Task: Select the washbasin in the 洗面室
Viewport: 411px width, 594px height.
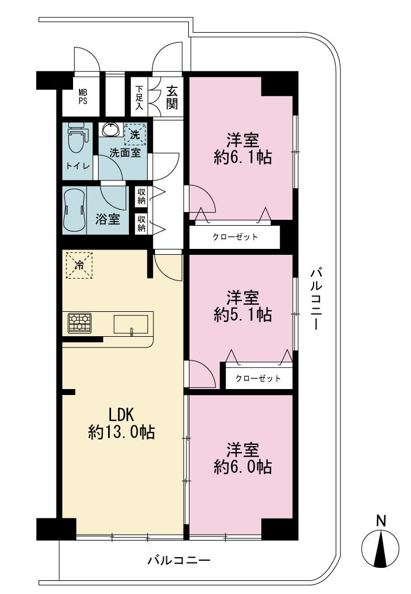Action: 110,129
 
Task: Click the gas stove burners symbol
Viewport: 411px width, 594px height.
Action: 80,323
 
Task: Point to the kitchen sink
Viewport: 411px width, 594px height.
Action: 131,325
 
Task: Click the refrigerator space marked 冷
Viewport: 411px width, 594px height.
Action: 79,265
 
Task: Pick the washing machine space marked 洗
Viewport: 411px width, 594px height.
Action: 135,134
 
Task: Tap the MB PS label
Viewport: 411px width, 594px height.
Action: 83,97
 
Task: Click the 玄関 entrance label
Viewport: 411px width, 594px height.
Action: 172,98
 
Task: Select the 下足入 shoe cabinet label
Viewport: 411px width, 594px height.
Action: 140,98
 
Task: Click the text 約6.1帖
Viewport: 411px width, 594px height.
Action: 243,157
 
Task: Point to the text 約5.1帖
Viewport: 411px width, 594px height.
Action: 243,314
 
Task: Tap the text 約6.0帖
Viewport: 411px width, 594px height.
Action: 243,467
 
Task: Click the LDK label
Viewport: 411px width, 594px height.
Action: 122,415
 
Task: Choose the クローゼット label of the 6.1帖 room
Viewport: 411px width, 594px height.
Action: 235,237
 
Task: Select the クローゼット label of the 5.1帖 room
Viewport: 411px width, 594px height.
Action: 258,378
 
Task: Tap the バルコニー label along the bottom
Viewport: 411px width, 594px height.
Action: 179,560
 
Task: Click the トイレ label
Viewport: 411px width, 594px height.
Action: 78,166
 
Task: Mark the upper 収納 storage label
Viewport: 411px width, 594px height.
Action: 141,196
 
